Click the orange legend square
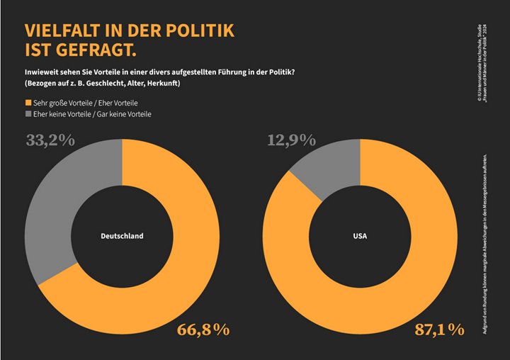[28, 102]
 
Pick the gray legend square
[28, 113]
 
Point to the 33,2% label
[50, 140]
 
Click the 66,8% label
[203, 330]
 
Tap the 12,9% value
[291, 140]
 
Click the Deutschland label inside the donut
[122, 236]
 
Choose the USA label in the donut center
[361, 236]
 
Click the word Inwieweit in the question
[42, 72]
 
